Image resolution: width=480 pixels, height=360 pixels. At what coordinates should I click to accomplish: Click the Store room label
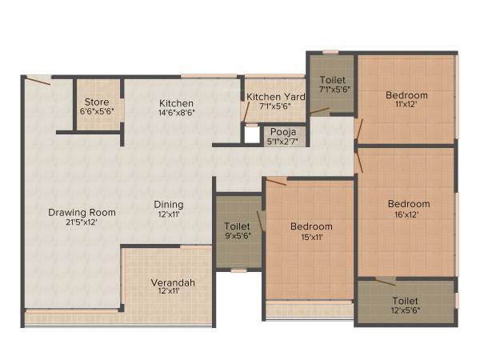[x=97, y=102]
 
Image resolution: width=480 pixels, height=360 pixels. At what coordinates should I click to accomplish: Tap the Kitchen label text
[x=177, y=103]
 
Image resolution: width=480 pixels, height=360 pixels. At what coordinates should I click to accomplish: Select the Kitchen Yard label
[x=275, y=97]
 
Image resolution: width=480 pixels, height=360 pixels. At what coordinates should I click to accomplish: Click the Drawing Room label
[x=82, y=212]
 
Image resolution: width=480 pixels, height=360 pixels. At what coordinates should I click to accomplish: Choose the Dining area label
[x=169, y=204]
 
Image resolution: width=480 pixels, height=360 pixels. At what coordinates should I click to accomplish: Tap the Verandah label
[x=173, y=282]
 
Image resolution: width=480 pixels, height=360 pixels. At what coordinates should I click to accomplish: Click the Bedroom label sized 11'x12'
[x=406, y=95]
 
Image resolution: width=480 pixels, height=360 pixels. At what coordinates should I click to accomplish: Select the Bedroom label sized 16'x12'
[x=409, y=203]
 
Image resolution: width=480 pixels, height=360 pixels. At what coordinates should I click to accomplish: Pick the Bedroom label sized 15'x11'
[x=311, y=226]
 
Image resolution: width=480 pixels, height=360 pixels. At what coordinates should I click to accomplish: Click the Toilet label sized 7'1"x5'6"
[x=332, y=81]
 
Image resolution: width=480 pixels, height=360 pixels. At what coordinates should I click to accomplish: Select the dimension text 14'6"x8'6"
[x=177, y=114]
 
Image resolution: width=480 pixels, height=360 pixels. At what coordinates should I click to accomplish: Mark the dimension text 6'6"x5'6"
[x=97, y=113]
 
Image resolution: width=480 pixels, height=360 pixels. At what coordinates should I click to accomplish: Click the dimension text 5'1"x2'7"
[x=282, y=142]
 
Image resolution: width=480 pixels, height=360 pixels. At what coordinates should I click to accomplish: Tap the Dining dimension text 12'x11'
[x=169, y=214]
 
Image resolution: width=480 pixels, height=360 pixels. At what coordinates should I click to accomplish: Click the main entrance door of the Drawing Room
[x=37, y=79]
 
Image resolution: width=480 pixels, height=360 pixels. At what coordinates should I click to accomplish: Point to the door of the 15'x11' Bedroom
[x=276, y=182]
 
